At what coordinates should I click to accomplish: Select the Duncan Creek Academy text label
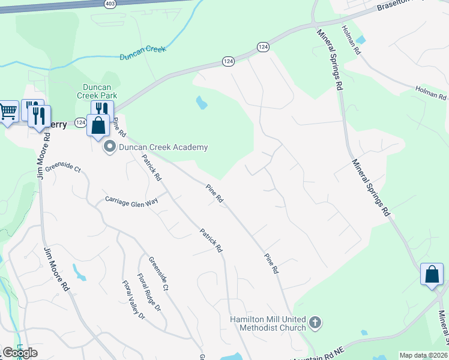(163, 147)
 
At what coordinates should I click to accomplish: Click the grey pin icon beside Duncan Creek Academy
(110, 146)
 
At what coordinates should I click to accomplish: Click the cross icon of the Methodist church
(315, 324)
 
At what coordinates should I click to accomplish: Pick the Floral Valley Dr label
(134, 299)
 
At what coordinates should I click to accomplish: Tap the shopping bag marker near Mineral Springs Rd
(432, 275)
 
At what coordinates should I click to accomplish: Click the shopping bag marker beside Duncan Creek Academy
(97, 126)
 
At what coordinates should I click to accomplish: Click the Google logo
(20, 353)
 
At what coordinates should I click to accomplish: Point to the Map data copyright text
(423, 355)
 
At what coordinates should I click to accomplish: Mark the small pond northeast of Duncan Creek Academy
(202, 103)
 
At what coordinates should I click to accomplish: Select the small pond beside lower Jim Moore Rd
(80, 273)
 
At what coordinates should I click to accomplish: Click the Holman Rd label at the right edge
(431, 92)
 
